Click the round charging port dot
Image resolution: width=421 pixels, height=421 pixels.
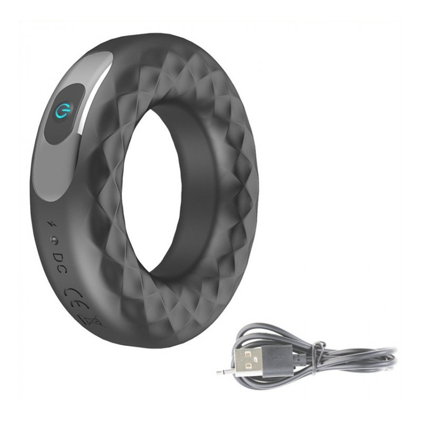pyautogui.click(x=55, y=240)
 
